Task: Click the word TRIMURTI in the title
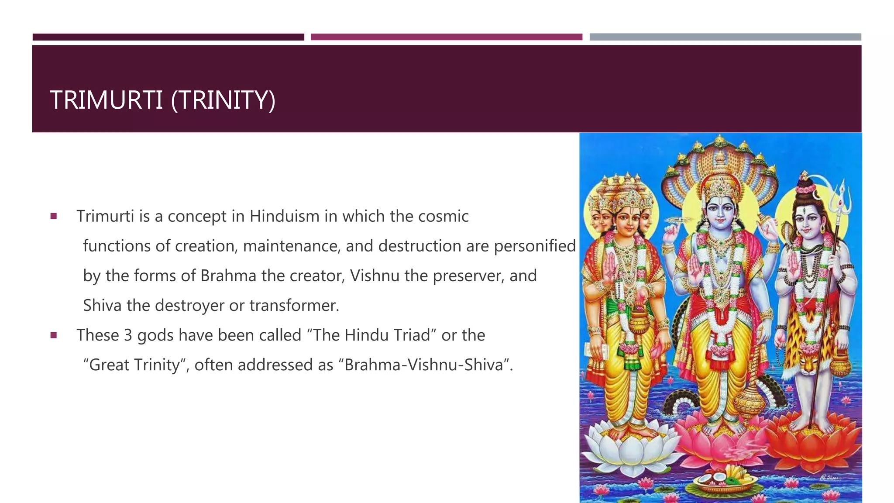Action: pyautogui.click(x=106, y=100)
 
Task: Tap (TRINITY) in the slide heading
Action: pyautogui.click(x=223, y=100)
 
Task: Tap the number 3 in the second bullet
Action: pyautogui.click(x=128, y=335)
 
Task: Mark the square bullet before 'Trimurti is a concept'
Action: pyautogui.click(x=54, y=216)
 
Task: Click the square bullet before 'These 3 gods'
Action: pyautogui.click(x=54, y=335)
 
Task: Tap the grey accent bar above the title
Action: pyautogui.click(x=725, y=37)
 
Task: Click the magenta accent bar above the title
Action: pyautogui.click(x=446, y=37)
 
